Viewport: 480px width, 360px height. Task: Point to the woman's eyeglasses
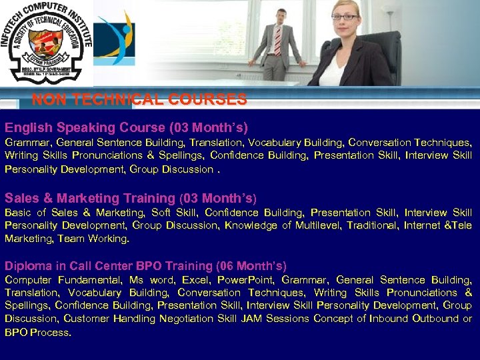tap(344, 17)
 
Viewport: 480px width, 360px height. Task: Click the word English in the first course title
tap(29, 127)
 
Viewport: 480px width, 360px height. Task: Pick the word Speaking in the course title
tap(83, 127)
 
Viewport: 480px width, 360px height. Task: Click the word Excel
tap(195, 280)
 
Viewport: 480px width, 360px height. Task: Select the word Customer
tap(87, 319)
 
